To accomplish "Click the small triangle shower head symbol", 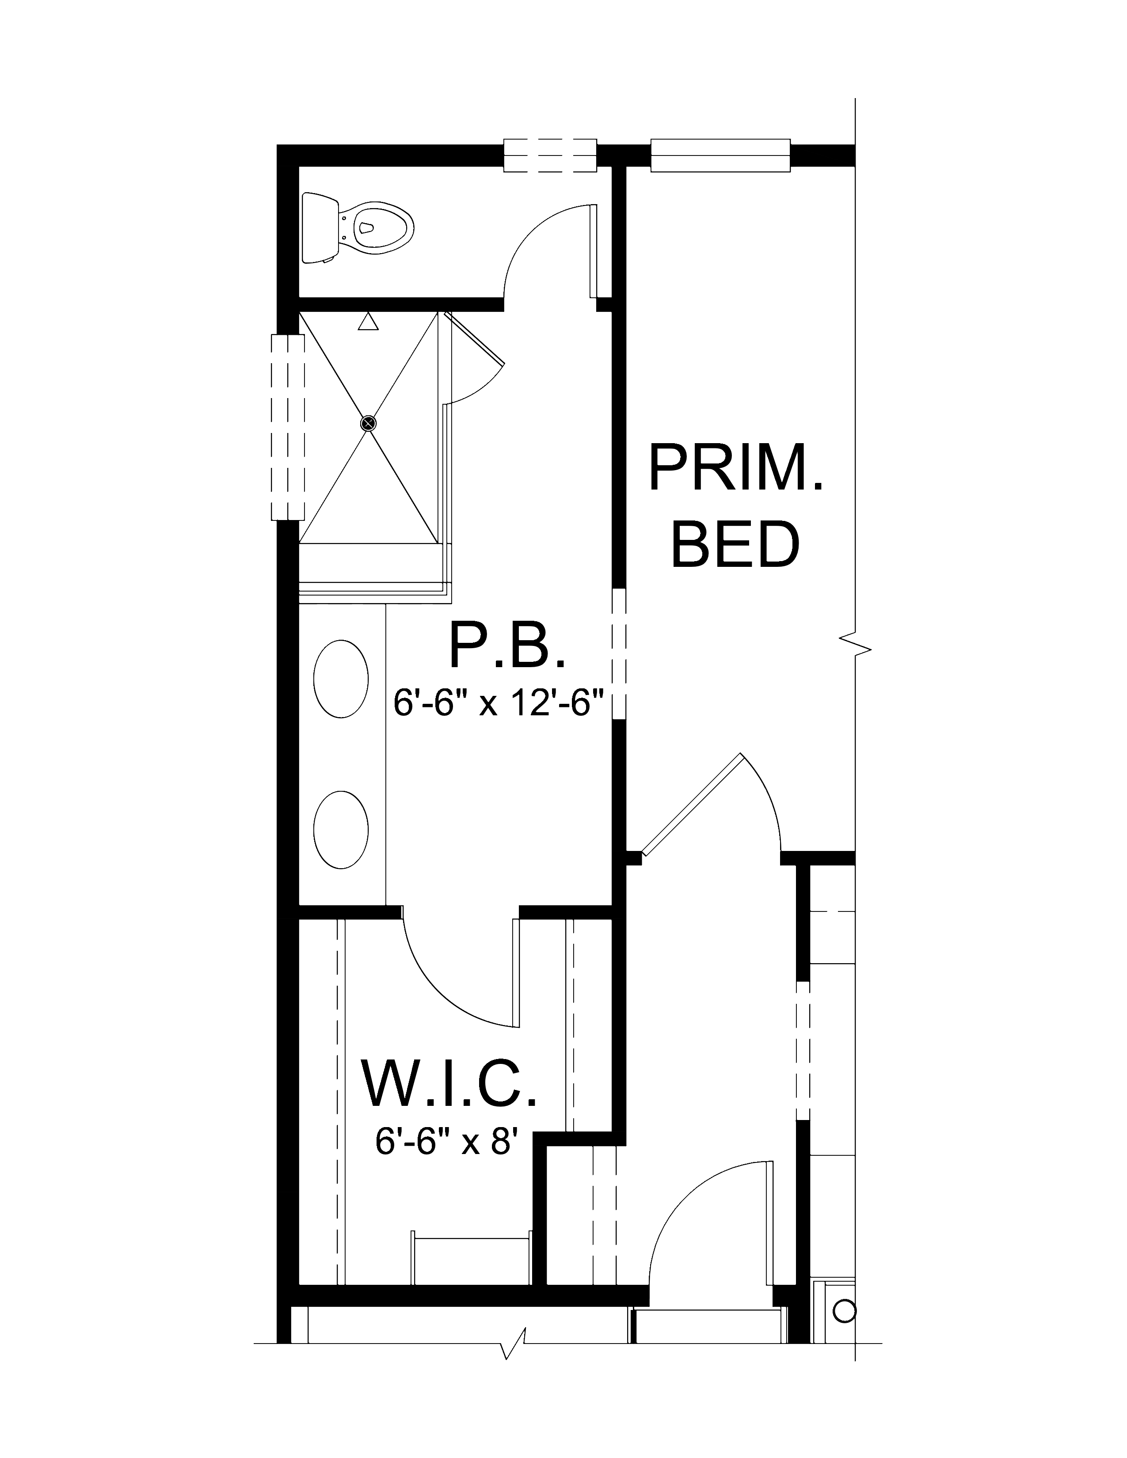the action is click(x=368, y=321).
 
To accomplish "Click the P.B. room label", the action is click(x=507, y=645).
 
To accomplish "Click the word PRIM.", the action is click(x=736, y=469).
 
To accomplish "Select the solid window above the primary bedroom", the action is click(x=720, y=155).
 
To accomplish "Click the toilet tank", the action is click(x=320, y=227).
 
